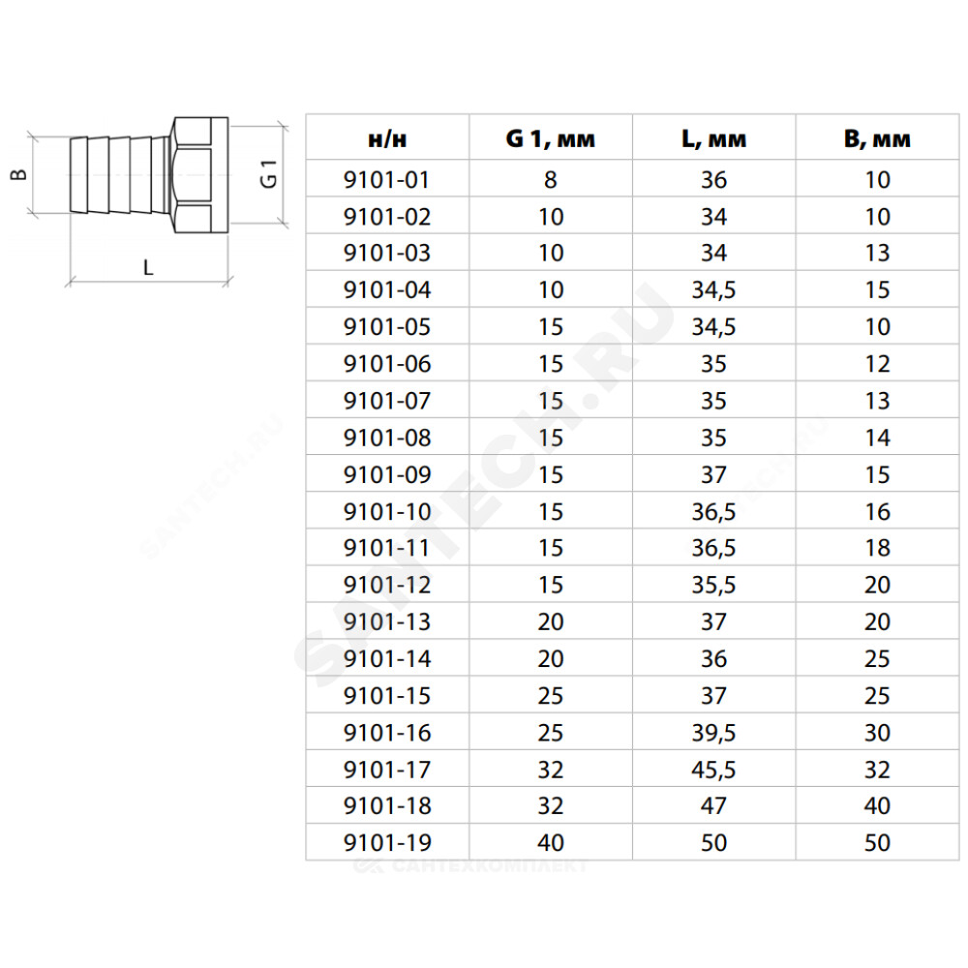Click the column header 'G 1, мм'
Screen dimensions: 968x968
[550, 138]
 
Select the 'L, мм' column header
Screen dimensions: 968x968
[713, 139]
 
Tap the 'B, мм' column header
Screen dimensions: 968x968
[877, 139]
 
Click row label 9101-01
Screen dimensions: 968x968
[386, 180]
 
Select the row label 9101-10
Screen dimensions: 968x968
[387, 512]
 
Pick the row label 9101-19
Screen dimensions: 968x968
[387, 843]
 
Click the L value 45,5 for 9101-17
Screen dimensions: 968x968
[713, 771]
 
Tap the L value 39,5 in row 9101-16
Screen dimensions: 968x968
[713, 734]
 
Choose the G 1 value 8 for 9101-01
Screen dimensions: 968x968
[551, 180]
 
